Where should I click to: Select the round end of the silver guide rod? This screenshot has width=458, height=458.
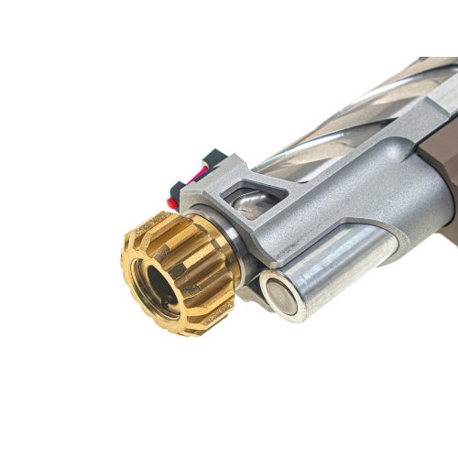pyautogui.click(x=282, y=296)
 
